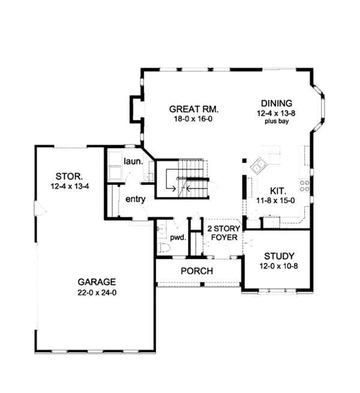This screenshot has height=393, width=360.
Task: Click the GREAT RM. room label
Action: click(x=193, y=109)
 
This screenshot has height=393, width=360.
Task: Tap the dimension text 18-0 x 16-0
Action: click(x=193, y=119)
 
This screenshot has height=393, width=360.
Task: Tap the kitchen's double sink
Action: click(x=260, y=163)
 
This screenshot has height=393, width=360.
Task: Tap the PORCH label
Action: click(x=197, y=271)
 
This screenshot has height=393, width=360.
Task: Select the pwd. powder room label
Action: click(x=178, y=237)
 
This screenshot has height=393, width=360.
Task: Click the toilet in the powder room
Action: click(x=162, y=247)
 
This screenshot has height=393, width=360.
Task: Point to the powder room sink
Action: click(x=161, y=229)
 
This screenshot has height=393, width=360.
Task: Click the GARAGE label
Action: click(x=96, y=283)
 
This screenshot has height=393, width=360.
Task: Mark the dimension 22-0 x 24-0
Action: click(x=96, y=293)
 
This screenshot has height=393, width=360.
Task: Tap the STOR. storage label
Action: click(x=65, y=176)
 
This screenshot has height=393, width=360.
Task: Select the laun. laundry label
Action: click(x=132, y=161)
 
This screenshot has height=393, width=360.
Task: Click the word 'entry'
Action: click(x=135, y=199)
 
